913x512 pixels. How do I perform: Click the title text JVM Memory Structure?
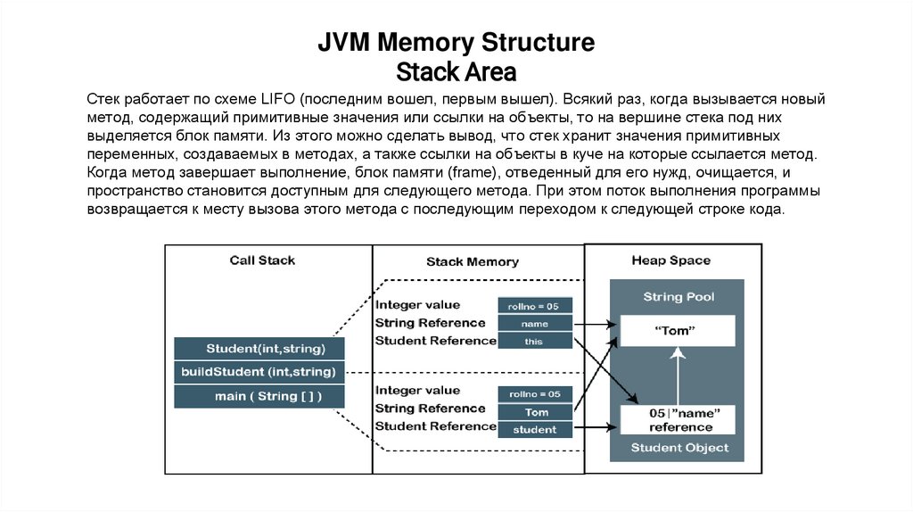coord(456,42)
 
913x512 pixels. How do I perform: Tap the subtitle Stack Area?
coord(456,70)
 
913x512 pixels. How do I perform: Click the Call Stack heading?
coord(262,260)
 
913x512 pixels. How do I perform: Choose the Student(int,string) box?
coord(265,348)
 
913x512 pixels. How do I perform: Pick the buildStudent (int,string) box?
coord(259,371)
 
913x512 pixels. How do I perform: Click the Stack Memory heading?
coord(472,261)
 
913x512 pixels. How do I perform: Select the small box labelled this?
coord(535,341)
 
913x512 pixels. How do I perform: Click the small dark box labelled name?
coord(535,324)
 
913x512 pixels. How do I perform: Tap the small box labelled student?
coord(535,430)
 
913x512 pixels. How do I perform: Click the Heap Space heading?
coord(670,260)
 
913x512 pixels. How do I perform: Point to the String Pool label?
coord(679,296)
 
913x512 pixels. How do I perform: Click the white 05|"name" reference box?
coord(679,420)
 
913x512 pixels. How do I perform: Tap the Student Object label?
coord(679,448)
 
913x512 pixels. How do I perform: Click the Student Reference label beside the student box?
coord(435,426)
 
